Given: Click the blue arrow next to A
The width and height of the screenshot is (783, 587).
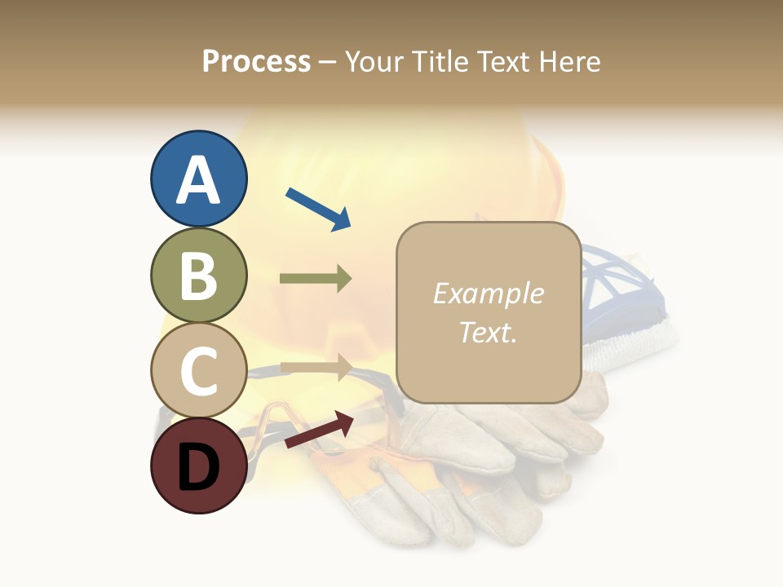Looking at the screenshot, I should pyautogui.click(x=318, y=208).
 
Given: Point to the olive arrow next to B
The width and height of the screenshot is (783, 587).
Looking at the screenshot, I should pyautogui.click(x=316, y=279).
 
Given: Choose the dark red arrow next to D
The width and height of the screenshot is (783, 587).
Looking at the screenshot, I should pyautogui.click(x=319, y=430).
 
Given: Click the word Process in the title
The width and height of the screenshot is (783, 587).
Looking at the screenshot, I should pyautogui.click(x=256, y=61).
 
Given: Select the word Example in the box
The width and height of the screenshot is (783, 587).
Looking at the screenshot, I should pyautogui.click(x=488, y=293).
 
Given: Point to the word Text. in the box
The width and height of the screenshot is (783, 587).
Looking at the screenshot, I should pyautogui.click(x=488, y=332).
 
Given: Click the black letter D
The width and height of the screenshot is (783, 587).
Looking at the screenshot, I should pyautogui.click(x=198, y=466).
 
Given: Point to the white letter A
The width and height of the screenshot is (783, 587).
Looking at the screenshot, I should pyautogui.click(x=198, y=179).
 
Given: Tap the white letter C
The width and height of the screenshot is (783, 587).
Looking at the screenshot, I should pyautogui.click(x=198, y=371).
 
